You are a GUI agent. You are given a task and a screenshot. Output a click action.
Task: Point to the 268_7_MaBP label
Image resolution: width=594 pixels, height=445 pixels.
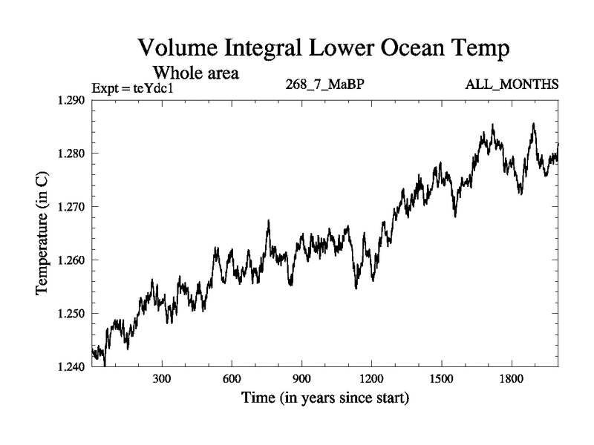tap(324, 85)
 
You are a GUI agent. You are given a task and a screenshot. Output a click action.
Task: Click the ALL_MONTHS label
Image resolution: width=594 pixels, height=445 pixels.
tap(512, 85)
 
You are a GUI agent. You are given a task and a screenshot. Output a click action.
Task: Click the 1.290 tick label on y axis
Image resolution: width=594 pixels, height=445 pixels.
tap(71, 100)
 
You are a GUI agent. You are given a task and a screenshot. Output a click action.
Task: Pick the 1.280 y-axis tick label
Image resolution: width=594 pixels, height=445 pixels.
tap(71, 154)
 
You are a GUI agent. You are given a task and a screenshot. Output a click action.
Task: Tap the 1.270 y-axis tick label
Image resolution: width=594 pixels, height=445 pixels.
tap(71, 207)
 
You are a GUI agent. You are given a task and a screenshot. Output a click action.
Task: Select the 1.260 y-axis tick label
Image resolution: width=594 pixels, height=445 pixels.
tap(71, 260)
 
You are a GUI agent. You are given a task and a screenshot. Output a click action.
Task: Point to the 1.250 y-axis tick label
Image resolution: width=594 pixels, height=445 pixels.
tap(71, 313)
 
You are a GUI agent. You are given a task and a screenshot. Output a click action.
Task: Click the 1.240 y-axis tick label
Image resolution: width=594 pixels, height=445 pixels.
tap(71, 366)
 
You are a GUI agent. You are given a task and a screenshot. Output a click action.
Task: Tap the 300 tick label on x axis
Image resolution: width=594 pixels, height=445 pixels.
tap(162, 380)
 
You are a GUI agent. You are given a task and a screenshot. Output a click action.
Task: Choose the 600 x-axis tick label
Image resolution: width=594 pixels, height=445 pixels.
tap(232, 380)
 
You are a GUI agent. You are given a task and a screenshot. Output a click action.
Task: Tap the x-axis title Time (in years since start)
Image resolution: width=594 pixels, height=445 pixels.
tap(324, 399)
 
